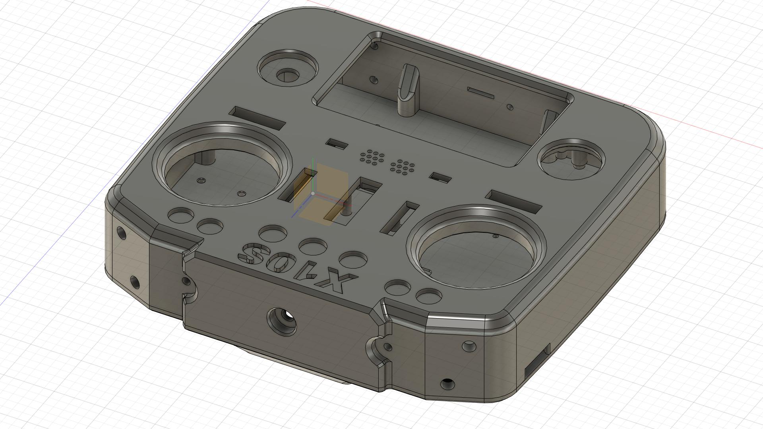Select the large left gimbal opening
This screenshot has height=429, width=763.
(223, 175)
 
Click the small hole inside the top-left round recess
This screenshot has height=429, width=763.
(287, 75)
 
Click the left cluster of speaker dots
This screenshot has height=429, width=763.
(372, 157)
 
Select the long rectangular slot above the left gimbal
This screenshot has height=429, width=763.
(259, 118)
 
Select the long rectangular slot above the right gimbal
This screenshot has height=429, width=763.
(514, 201)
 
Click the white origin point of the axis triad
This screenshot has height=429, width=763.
(313, 193)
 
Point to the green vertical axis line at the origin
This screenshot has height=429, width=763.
(314, 175)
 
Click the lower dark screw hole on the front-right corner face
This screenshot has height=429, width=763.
(447, 384)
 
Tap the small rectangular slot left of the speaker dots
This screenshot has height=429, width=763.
(337, 144)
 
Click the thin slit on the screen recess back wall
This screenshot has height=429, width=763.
(480, 93)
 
